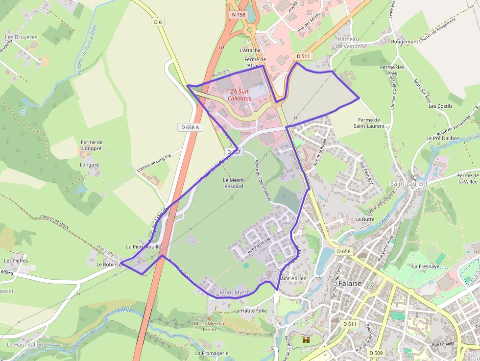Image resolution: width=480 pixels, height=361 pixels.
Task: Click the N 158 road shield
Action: [239, 15]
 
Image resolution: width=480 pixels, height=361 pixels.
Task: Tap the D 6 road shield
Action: [157, 22]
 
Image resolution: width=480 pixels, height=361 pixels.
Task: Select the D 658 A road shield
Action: [190, 127]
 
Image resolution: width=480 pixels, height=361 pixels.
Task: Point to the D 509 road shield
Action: [376, 353]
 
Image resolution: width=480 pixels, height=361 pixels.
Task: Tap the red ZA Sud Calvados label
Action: [240, 95]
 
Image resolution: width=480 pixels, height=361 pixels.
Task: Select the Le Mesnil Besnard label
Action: [234, 183]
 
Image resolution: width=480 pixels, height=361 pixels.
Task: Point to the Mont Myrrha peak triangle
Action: [209, 317]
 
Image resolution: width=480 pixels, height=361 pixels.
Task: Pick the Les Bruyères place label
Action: [21, 37]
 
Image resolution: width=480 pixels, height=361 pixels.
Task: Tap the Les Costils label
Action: [440, 106]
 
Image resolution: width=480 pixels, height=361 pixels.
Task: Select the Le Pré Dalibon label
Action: [443, 139]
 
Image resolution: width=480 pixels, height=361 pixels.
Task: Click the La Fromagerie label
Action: [212, 353]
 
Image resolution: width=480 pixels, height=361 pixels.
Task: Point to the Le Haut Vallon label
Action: [24, 344]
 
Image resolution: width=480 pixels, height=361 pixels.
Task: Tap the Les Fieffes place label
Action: [16, 261]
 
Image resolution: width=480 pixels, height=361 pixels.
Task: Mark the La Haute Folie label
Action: [250, 311]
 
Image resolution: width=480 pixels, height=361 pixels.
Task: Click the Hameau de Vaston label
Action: [348, 43]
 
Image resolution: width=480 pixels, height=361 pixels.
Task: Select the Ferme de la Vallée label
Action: [468, 178]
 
